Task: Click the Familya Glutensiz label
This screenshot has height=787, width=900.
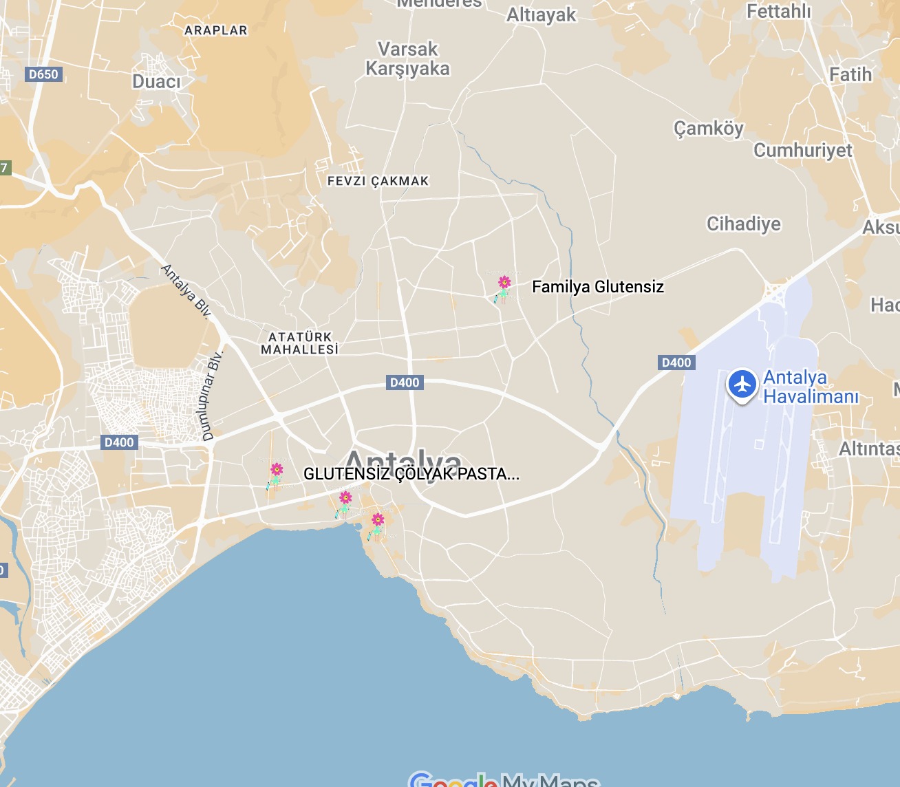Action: (597, 287)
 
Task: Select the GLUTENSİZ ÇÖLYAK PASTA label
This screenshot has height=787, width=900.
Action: (411, 474)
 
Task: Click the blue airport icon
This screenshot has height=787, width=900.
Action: (742, 385)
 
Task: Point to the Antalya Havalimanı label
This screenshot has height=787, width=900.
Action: (811, 387)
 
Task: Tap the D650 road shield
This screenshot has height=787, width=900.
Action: (43, 74)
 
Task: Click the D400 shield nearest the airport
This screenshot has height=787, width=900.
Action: (676, 363)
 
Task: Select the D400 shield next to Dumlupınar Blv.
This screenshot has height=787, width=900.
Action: (119, 442)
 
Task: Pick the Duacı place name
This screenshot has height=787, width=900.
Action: (156, 82)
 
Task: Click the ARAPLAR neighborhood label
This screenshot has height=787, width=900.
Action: (215, 31)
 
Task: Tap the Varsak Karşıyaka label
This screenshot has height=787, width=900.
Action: (407, 59)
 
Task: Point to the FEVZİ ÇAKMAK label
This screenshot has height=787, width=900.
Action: (378, 181)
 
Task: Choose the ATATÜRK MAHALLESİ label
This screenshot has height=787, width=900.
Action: (300, 343)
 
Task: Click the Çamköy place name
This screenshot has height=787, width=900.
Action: (708, 129)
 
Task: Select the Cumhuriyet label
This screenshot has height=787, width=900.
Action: (802, 151)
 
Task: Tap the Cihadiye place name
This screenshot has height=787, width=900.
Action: (744, 224)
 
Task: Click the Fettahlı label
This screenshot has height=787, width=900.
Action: (778, 12)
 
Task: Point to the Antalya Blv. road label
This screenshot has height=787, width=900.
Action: (186, 291)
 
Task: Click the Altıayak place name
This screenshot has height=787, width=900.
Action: (541, 15)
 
